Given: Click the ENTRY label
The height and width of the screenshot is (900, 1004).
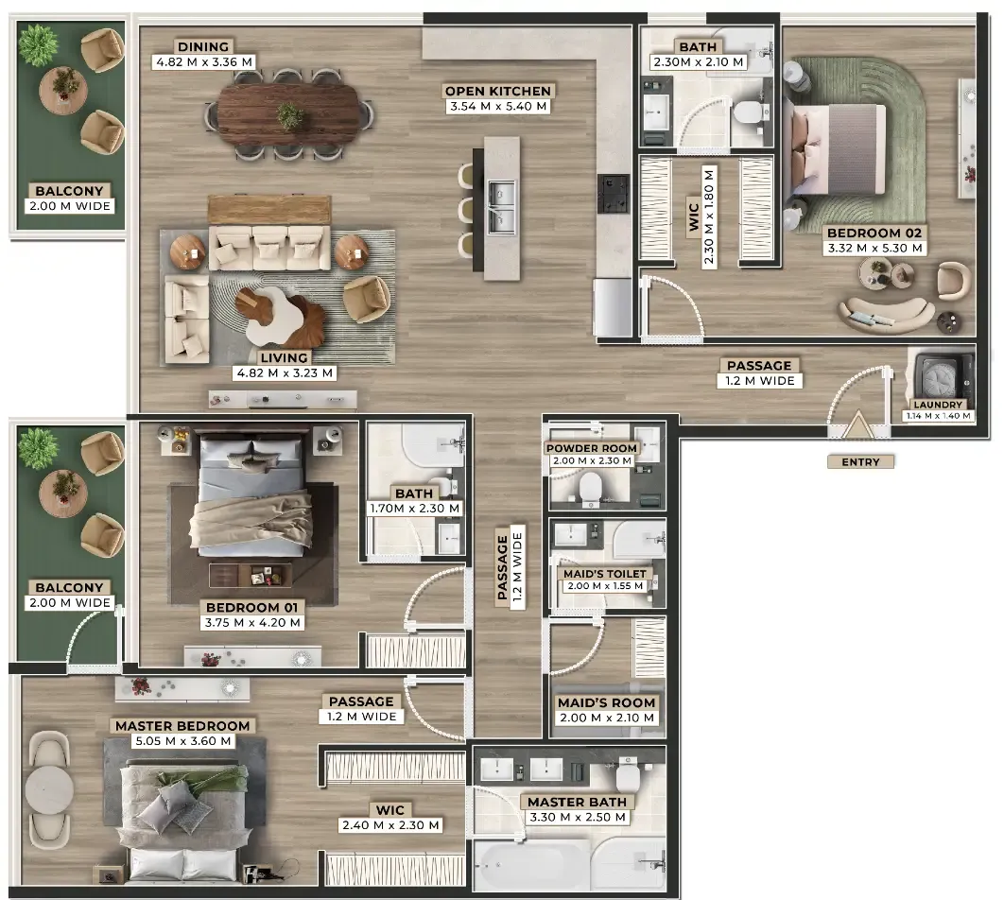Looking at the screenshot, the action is point(860,461).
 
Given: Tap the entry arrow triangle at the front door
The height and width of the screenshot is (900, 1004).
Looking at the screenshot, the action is point(857,426).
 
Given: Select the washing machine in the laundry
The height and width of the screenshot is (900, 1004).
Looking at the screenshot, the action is point(940,377).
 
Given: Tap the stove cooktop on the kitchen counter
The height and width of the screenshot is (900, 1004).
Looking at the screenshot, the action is point(614,193).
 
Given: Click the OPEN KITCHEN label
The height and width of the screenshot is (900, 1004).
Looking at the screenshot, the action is point(497,91).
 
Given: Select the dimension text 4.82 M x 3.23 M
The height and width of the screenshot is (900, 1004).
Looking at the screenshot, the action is point(285,373).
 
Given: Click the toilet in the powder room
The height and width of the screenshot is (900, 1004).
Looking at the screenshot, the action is point(589,489).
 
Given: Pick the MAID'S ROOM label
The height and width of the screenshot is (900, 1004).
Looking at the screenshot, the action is point(606,702).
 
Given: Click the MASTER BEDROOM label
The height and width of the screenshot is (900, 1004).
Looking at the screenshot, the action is point(182,726).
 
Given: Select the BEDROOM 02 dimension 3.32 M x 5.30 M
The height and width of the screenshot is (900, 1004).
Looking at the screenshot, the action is point(874,249).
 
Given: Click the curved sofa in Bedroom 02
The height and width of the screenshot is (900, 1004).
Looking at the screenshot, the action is point(886,313).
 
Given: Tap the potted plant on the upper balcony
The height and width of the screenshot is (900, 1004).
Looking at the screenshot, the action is point(39,45).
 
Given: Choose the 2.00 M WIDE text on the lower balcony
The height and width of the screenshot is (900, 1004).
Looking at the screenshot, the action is point(70,603).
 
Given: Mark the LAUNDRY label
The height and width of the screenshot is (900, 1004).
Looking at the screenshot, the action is point(938,405).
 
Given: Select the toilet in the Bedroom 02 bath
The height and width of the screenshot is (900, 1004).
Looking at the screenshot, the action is point(747,113).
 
